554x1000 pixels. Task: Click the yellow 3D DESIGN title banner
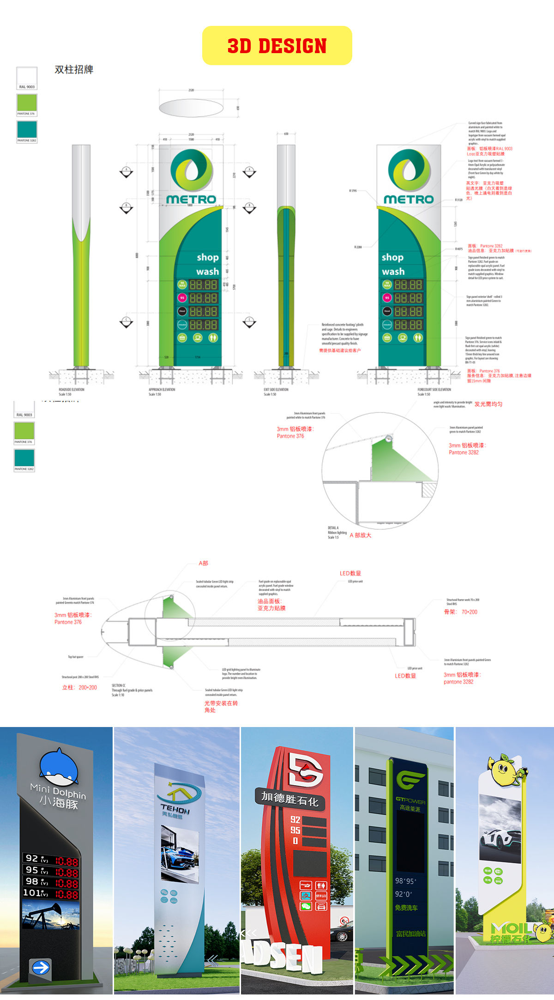tap(277, 45)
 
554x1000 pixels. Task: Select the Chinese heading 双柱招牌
tap(74, 70)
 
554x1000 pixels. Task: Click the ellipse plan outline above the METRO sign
tap(191, 108)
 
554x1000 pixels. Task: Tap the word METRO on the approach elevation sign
tap(191, 200)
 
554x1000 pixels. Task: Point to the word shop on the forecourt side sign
tap(392, 257)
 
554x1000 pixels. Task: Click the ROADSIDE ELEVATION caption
tap(72, 389)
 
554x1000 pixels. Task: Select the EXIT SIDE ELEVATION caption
tap(276, 389)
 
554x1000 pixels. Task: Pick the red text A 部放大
tap(360, 535)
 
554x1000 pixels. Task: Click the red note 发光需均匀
tap(488, 404)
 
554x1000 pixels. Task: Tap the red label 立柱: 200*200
tap(79, 687)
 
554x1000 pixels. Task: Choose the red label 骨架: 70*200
tap(460, 612)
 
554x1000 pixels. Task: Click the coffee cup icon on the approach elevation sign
tap(198, 338)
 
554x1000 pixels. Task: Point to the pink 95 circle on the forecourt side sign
tap(387, 298)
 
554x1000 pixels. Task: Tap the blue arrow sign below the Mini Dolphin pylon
tap(41, 967)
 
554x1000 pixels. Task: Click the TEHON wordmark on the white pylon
tap(175, 809)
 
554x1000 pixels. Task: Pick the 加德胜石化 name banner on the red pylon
tap(290, 799)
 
